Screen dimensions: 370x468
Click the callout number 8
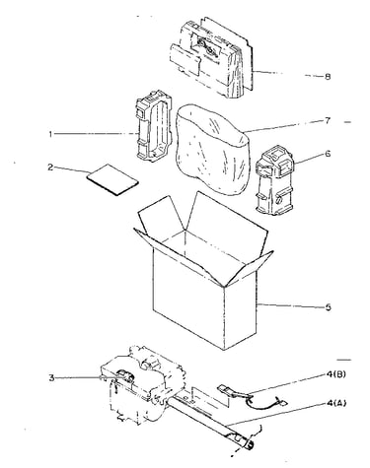tap(328, 77)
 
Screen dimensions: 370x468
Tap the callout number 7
tap(328, 121)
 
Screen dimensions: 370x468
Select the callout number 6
tap(328, 154)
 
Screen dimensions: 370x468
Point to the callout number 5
tap(328, 307)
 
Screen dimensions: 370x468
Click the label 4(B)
tap(336, 374)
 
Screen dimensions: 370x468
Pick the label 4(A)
tap(336, 403)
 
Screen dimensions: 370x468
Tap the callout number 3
tap(51, 378)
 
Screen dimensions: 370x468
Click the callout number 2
tap(50, 167)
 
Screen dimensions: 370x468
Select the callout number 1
tap(50, 134)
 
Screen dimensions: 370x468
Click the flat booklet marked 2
tap(112, 179)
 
